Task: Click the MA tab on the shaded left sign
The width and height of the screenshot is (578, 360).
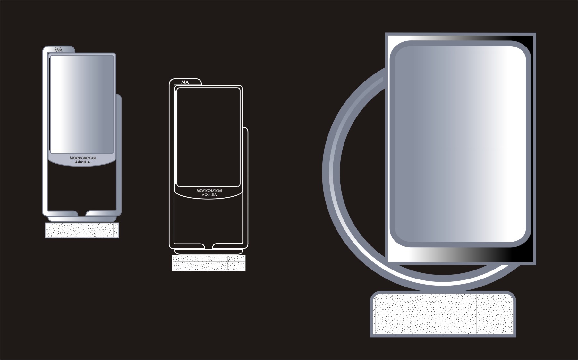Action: click(x=59, y=49)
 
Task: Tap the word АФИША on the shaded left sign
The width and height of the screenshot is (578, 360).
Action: click(x=83, y=162)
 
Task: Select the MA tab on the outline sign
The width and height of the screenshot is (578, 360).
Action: click(x=185, y=82)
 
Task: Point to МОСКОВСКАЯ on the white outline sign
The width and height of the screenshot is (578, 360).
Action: click(x=209, y=191)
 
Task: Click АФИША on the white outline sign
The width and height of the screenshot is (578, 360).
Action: click(x=209, y=195)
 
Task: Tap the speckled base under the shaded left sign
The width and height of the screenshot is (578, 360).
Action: click(x=82, y=230)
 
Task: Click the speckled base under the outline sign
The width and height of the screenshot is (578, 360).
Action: click(x=209, y=263)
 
